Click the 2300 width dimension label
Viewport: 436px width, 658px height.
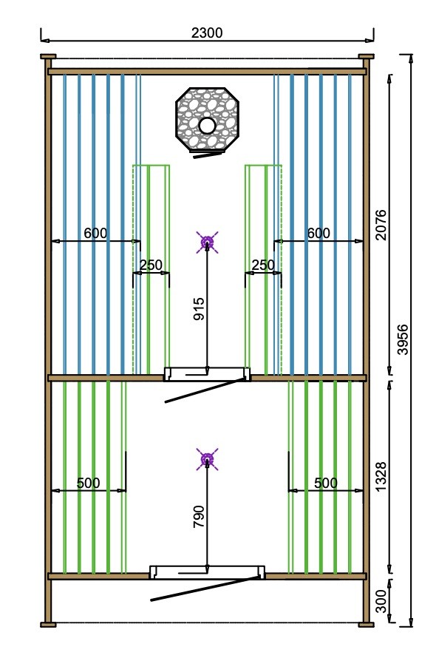206,33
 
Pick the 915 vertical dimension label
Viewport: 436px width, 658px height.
199,308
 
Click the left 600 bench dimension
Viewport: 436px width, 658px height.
95,234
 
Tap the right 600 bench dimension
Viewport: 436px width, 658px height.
319,234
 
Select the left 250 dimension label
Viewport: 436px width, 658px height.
151,265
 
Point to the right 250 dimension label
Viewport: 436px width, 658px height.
263,265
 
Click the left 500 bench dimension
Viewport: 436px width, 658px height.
88,484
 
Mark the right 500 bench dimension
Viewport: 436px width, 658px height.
325,484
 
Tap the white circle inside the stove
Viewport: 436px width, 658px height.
208,126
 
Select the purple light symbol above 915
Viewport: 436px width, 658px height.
207,241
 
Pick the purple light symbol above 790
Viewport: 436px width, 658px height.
208,459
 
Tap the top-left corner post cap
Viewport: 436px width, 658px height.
48,56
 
